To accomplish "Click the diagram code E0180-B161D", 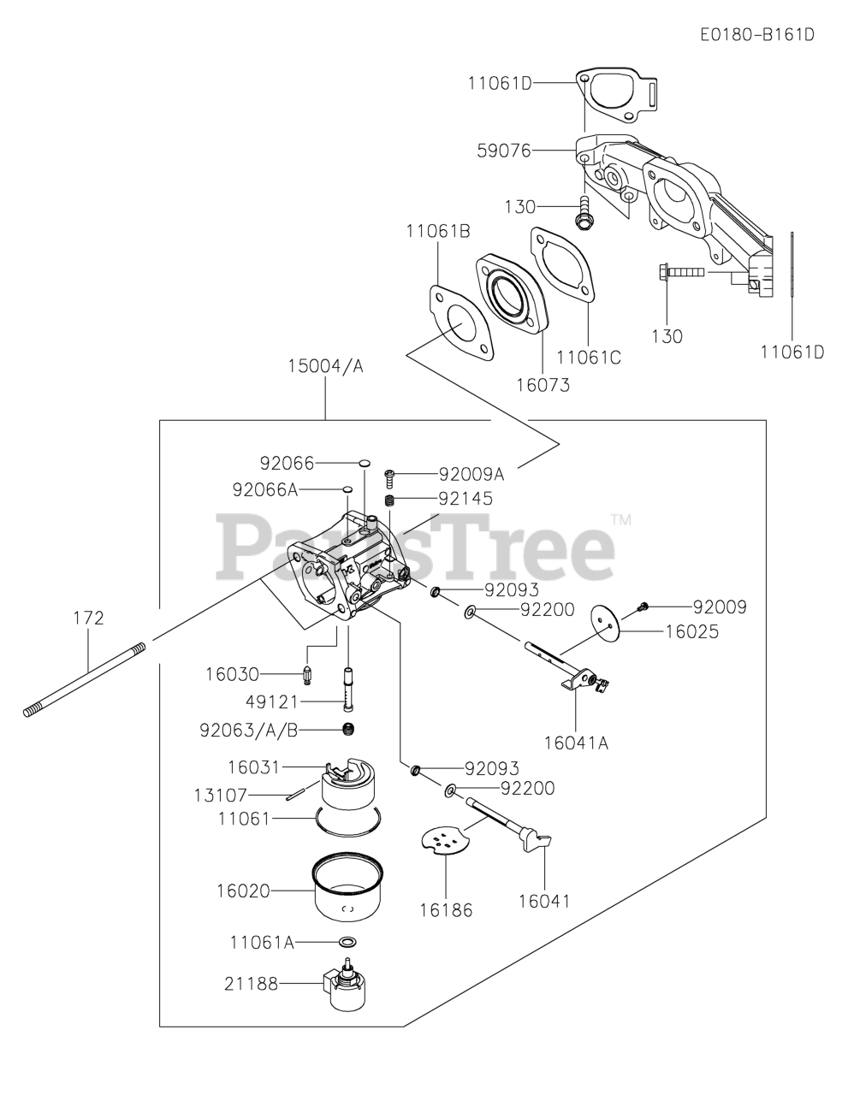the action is click(x=757, y=35).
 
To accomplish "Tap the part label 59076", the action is click(x=504, y=151).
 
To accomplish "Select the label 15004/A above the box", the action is click(x=325, y=366).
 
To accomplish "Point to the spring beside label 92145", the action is click(x=389, y=500).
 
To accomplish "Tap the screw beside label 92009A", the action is click(x=389, y=478).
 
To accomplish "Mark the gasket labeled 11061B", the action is click(x=460, y=323).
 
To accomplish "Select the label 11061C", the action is click(x=589, y=358).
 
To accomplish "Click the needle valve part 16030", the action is click(x=308, y=675).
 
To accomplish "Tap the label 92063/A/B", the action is click(x=249, y=731).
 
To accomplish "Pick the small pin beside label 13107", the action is click(x=294, y=796).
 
